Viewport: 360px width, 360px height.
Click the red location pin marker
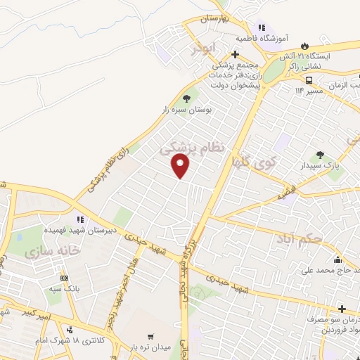coord(181,166)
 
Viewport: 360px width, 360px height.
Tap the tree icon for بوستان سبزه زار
coord(186,99)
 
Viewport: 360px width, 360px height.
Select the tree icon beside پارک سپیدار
coord(320,155)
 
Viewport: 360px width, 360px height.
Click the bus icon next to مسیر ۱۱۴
coord(290,79)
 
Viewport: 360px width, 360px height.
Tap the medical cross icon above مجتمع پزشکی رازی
coord(236,54)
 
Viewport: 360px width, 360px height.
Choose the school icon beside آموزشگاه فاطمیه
coord(260,27)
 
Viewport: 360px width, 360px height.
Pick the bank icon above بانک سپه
coord(65,278)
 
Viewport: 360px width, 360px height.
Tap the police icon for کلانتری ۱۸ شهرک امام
coord(70,329)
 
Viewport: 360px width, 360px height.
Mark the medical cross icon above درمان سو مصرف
coord(342,309)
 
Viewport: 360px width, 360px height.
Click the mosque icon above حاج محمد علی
coord(339,258)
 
